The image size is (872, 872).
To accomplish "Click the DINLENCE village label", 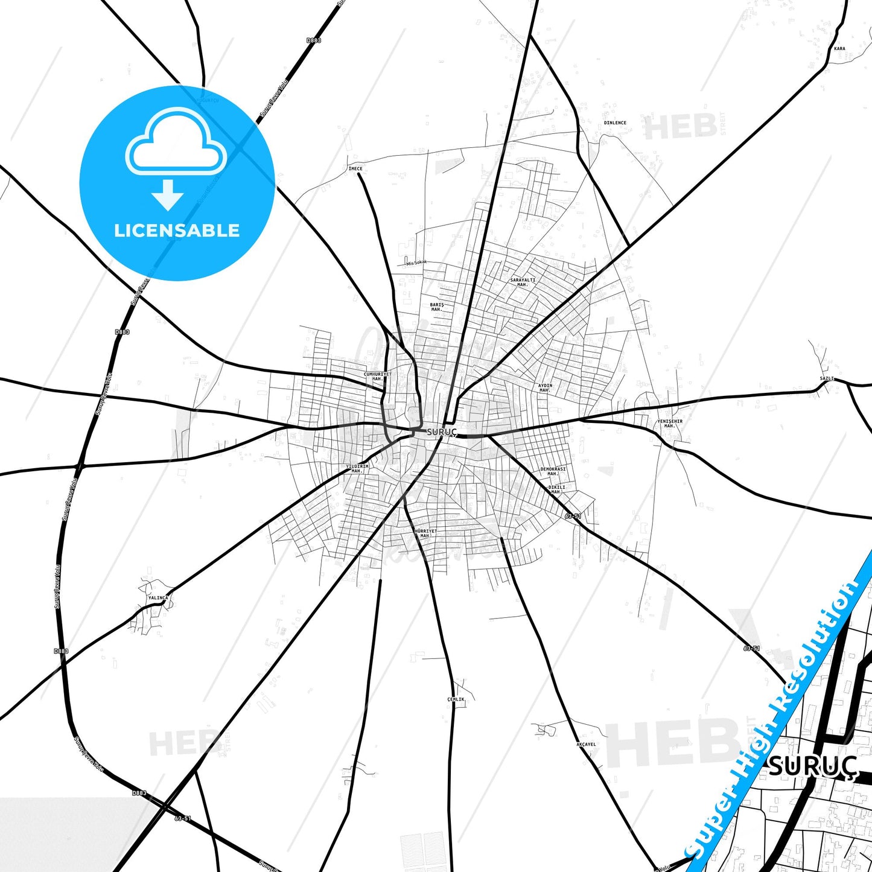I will pyautogui.click(x=615, y=123).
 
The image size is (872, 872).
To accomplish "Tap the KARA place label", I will pyautogui.click(x=839, y=48).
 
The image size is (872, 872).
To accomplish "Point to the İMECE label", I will pyautogui.click(x=355, y=168).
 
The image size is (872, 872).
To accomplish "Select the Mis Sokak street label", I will pyautogui.click(x=416, y=263).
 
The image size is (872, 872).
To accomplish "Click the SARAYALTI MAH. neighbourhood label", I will pyautogui.click(x=523, y=282).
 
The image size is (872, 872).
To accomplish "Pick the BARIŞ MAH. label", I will pyautogui.click(x=437, y=307).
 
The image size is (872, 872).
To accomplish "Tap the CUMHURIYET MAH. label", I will pyautogui.click(x=378, y=376).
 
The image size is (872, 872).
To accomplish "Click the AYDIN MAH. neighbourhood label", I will pyautogui.click(x=545, y=387).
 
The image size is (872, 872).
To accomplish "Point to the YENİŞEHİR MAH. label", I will pyautogui.click(x=670, y=424).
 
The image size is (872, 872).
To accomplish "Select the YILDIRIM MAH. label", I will pyautogui.click(x=357, y=468).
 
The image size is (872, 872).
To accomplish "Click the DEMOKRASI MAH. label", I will pyautogui.click(x=553, y=471).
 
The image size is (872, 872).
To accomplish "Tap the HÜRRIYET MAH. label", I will pyautogui.click(x=425, y=533).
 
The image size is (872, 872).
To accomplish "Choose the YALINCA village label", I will pyautogui.click(x=158, y=597).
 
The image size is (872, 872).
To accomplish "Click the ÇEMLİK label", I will pyautogui.click(x=456, y=699).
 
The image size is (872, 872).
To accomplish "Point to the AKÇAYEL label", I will pyautogui.click(x=586, y=744).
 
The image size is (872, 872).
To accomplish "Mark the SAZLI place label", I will pyautogui.click(x=827, y=378).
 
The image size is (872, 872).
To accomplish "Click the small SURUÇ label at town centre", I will pyautogui.click(x=442, y=432).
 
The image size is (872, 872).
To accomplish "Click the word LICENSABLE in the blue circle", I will pyautogui.click(x=177, y=230).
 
